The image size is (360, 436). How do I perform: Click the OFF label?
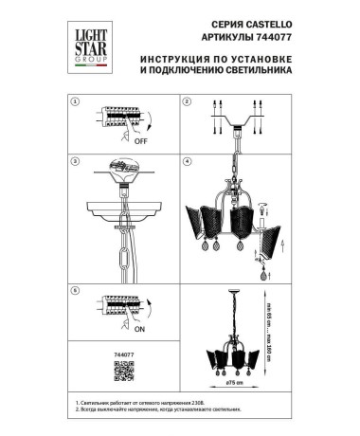click(x=142, y=138)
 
